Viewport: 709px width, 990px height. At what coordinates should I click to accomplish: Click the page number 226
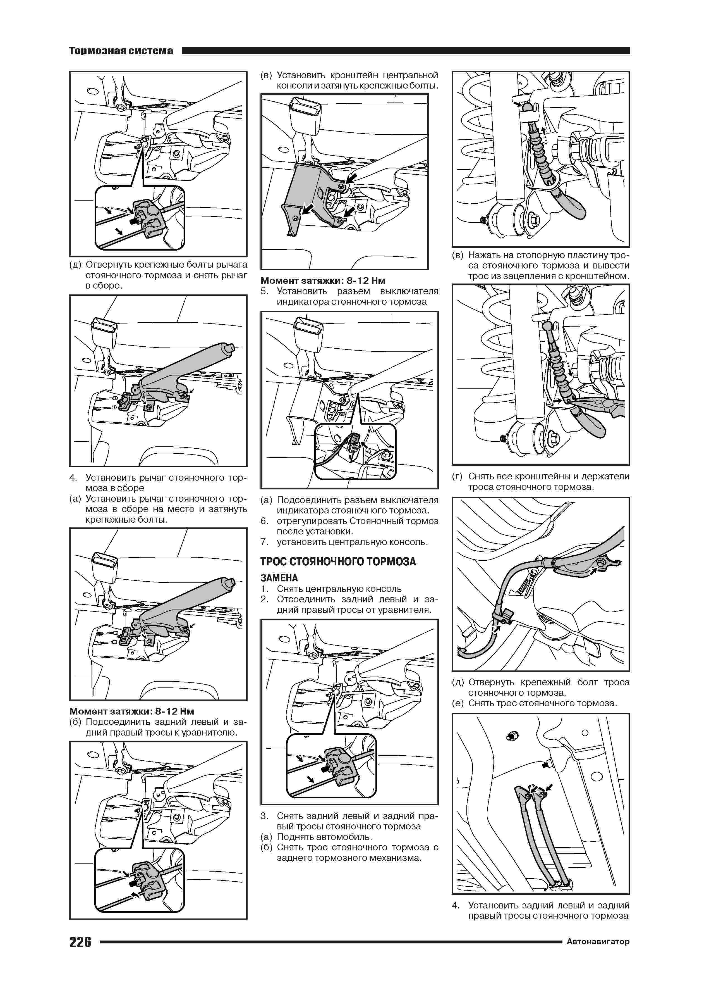(80, 942)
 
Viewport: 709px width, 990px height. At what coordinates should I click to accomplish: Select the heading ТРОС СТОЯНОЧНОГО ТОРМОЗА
(338, 561)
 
